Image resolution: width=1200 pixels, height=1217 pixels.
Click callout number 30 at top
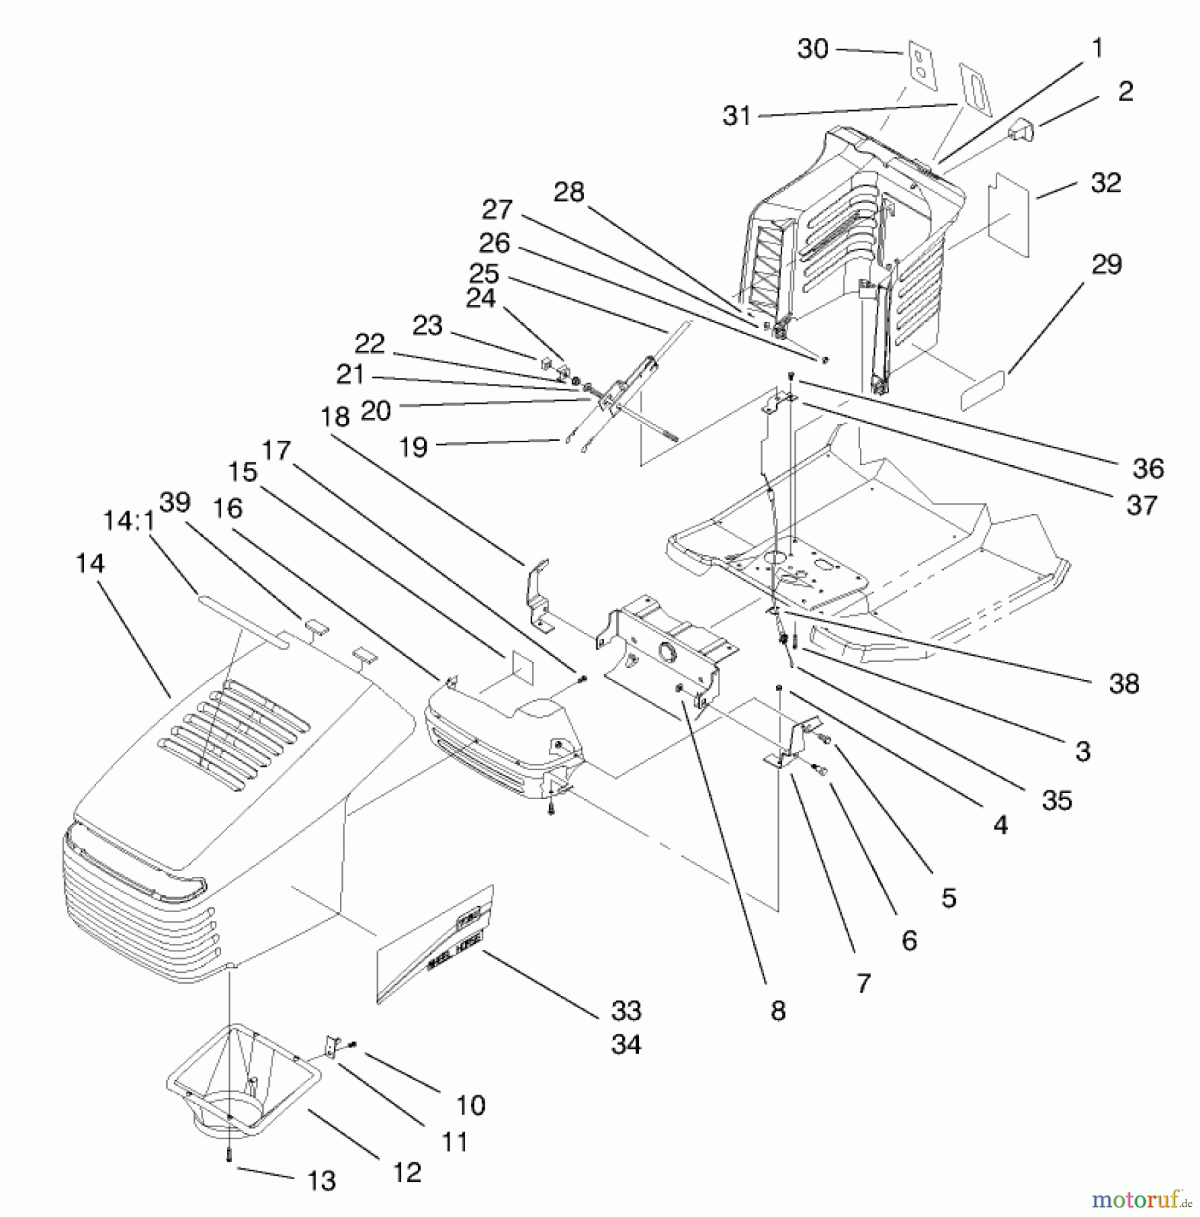813,49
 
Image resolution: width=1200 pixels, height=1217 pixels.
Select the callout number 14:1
129,521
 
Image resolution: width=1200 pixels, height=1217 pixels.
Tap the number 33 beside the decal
626,1011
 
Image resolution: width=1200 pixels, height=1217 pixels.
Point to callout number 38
1124,684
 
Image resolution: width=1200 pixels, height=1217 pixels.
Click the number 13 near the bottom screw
321,1181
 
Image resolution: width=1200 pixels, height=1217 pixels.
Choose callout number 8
778,1011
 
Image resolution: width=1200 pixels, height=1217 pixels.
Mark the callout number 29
1107,264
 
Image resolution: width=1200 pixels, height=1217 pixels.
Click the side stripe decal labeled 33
433,947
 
